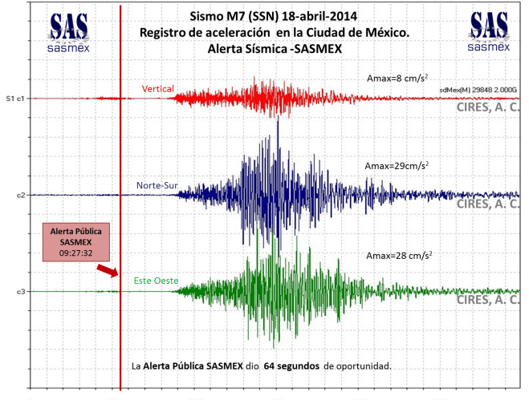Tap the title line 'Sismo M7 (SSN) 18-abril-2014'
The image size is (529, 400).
[x=274, y=16]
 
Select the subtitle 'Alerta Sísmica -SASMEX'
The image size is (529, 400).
[x=274, y=48]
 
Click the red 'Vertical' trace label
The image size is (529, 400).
[x=157, y=88]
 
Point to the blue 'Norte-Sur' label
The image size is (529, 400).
[x=157, y=187]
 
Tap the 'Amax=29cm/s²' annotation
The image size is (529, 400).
[x=396, y=165]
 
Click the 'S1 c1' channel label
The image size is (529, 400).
[x=15, y=99]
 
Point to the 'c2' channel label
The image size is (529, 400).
[x=20, y=195]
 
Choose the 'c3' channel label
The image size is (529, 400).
[x=20, y=291]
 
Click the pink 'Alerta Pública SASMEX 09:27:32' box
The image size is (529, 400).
[x=75, y=242]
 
